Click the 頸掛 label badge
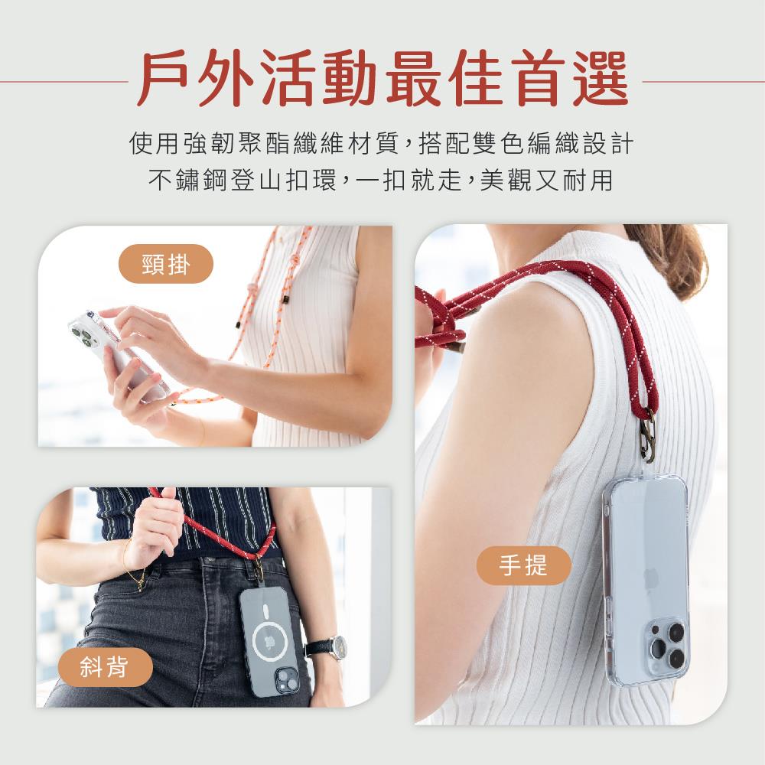(x=166, y=264)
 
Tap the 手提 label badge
(x=523, y=566)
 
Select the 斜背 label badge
(x=104, y=667)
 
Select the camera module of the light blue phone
(x=667, y=644)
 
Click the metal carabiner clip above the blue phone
(x=648, y=436)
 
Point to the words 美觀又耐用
(x=546, y=181)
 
